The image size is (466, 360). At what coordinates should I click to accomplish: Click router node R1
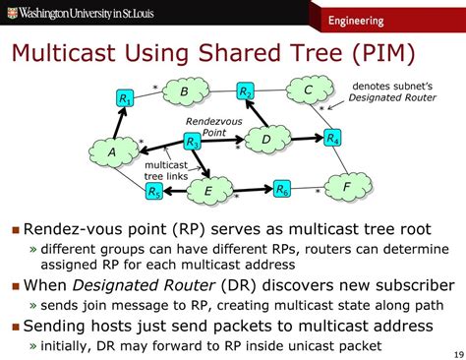click(125, 99)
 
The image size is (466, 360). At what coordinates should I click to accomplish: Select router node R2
click(246, 92)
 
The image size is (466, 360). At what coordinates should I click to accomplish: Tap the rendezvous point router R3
click(193, 145)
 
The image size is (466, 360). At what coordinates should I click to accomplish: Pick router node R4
click(332, 138)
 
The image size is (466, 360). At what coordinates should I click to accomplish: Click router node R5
click(155, 192)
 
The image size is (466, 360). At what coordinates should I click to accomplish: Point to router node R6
click(282, 188)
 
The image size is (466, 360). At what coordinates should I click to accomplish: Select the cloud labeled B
click(183, 93)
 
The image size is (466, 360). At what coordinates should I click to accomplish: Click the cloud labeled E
click(208, 191)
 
